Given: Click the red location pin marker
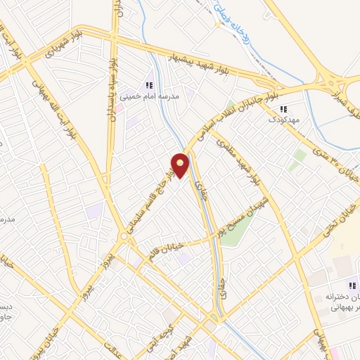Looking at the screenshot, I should tap(181, 165).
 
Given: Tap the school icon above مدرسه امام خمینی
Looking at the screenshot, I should tap(148, 85).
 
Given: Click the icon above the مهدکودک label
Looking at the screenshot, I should tap(283, 109).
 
